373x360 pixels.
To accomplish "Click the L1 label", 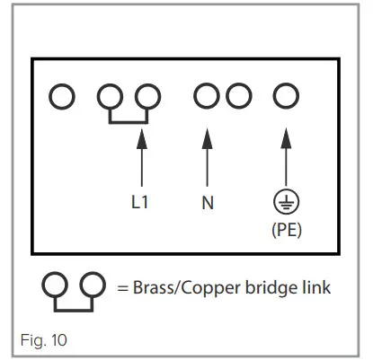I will coord(138,202).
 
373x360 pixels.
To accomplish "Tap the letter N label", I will coord(208,202).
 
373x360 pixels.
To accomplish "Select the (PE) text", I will coord(286,230).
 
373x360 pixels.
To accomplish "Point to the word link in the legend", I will coord(314,287).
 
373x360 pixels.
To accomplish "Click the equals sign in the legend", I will coord(123,287).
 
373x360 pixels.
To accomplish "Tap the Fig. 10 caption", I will coord(43,340).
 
